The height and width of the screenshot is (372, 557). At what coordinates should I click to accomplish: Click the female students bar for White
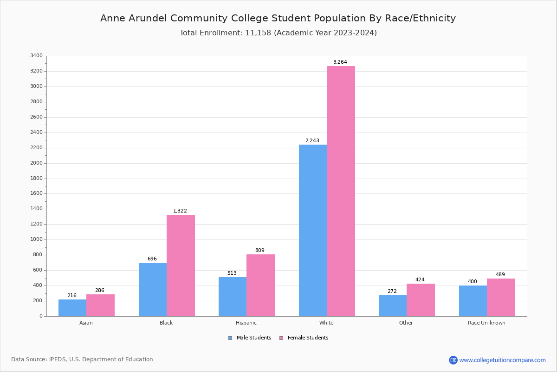(x=341, y=191)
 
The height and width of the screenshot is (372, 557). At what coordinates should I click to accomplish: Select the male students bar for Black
(x=153, y=289)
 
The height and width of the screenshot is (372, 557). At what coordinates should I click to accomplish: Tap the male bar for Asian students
(x=72, y=308)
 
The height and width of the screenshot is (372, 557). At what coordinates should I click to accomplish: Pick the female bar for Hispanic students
(x=260, y=285)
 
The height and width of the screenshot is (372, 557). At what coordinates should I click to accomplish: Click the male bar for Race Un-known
(x=473, y=301)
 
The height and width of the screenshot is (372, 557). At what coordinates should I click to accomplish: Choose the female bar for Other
(x=421, y=300)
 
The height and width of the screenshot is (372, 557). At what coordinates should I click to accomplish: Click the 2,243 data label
(x=312, y=141)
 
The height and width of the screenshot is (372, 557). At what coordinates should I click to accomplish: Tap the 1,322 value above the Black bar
(x=180, y=211)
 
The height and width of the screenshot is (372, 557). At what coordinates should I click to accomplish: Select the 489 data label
(x=500, y=275)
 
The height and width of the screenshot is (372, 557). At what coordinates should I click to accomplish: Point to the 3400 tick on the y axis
(x=36, y=56)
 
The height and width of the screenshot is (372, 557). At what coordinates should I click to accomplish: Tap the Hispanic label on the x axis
(x=246, y=323)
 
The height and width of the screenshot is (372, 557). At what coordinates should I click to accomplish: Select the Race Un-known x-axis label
(x=486, y=323)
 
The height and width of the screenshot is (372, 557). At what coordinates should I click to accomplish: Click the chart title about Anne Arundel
(x=278, y=18)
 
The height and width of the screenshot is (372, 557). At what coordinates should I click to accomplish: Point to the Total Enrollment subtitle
(x=278, y=33)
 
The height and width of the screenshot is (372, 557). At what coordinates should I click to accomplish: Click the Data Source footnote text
(x=82, y=359)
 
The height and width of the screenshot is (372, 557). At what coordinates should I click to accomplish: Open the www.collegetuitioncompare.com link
(x=502, y=360)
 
